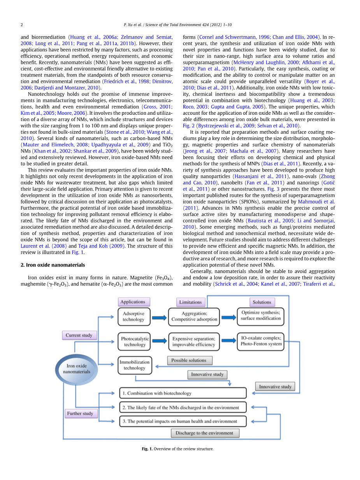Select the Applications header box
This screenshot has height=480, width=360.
(x=133, y=302)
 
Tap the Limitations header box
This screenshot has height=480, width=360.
(x=190, y=302)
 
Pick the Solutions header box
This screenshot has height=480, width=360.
(x=262, y=302)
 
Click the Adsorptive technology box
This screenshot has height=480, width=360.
(x=133, y=317)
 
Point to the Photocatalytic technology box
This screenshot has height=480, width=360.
(x=135, y=342)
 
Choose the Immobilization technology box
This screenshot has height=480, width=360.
(x=134, y=365)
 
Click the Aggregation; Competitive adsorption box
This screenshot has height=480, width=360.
(x=194, y=317)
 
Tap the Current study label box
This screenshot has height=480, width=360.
(x=79, y=335)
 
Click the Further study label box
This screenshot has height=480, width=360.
(x=80, y=413)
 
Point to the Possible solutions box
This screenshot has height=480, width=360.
(x=189, y=361)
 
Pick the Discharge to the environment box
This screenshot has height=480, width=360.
(x=204, y=433)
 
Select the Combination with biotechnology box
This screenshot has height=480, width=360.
(x=183, y=393)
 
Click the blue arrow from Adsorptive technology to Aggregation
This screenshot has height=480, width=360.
(x=160, y=317)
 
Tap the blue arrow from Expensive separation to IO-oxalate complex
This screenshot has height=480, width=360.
(x=228, y=341)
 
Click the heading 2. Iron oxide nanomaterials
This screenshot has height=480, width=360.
(x=53, y=265)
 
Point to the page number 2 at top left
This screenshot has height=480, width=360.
(x=22, y=25)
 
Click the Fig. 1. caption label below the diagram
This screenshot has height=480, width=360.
(x=147, y=449)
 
